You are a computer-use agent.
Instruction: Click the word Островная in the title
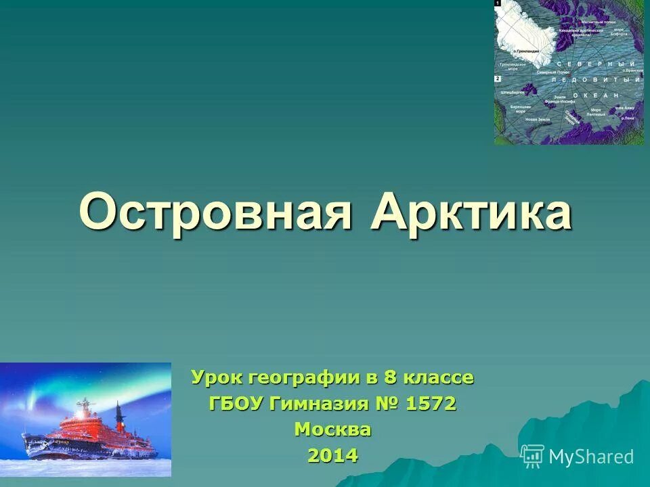(x=215, y=212)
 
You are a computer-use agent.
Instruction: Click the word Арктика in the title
(x=471, y=212)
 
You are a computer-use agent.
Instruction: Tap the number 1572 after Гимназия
(x=431, y=404)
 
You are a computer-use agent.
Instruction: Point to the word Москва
(x=332, y=430)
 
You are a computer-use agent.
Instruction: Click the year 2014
(x=332, y=455)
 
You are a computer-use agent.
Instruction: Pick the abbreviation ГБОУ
(x=236, y=404)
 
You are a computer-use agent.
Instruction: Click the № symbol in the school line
(x=387, y=404)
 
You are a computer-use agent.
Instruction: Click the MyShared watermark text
(x=591, y=457)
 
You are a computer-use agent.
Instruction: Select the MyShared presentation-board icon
(x=532, y=457)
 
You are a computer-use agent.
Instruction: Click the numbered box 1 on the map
(x=498, y=3)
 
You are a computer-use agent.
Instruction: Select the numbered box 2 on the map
(x=498, y=78)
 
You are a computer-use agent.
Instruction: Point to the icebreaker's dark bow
(x=34, y=446)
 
